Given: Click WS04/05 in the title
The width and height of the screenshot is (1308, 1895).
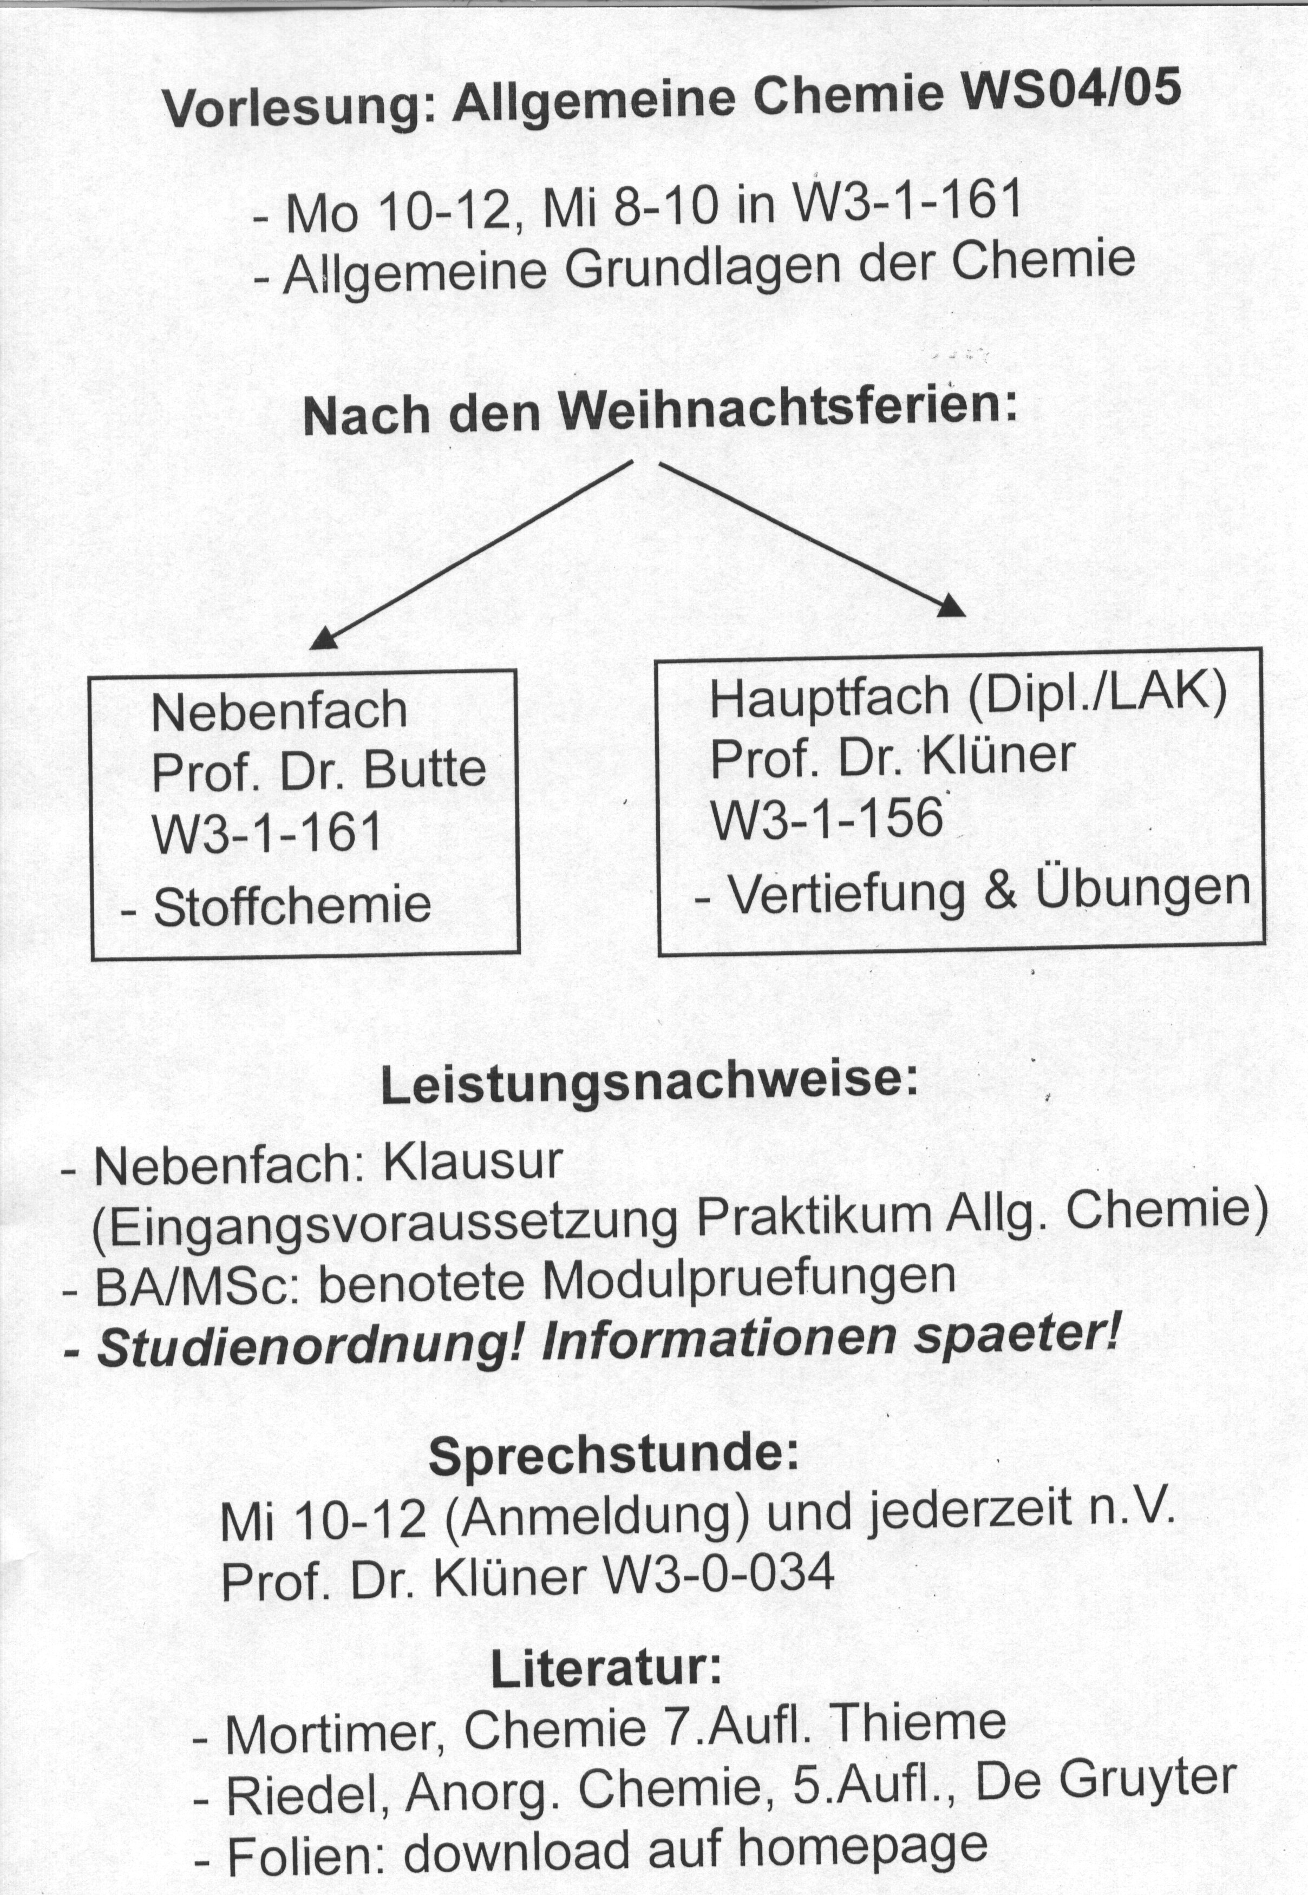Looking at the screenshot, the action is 1071,88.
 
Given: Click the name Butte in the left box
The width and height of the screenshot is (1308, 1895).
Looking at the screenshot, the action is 424,769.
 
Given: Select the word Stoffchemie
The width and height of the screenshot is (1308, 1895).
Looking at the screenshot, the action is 292,906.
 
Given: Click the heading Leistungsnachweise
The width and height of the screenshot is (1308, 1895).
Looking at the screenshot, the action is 648,1084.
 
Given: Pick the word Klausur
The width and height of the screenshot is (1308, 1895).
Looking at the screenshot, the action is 473,1163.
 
